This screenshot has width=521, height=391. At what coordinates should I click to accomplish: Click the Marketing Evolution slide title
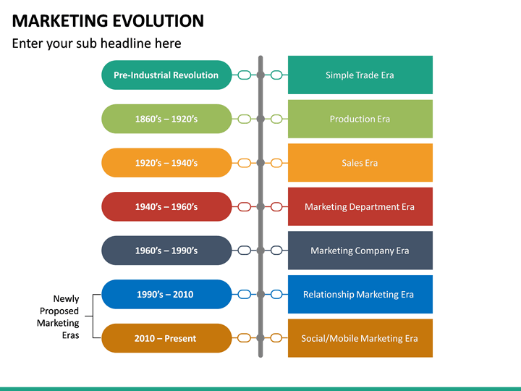108,20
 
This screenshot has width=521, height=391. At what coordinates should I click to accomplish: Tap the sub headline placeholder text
96,43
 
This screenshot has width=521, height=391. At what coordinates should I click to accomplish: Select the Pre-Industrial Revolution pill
166,75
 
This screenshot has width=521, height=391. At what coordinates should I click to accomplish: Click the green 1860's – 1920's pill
166,119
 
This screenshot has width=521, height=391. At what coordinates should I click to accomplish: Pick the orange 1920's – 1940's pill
166,163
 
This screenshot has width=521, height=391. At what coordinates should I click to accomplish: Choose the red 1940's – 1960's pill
166,206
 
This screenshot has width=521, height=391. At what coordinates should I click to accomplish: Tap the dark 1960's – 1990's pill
166,251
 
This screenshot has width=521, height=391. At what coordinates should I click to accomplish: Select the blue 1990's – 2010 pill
166,294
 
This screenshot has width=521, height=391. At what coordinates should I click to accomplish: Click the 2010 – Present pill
166,338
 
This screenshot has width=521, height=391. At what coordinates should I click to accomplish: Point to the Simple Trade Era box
360,75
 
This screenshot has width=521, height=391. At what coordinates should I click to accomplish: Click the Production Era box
360,119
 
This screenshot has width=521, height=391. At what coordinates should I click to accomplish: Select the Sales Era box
360,163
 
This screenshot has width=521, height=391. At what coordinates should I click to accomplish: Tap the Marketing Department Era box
360,206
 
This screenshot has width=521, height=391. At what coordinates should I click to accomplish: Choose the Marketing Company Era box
360,251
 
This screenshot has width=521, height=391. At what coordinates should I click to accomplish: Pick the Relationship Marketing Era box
360,294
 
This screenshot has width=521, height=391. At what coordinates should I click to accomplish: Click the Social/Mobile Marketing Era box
360,338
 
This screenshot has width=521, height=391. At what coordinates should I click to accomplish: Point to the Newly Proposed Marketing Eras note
59,316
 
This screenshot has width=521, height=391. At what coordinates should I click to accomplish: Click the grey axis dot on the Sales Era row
260,163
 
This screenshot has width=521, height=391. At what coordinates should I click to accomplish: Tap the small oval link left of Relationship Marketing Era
276,294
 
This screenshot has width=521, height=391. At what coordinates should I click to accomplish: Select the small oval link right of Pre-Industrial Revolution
245,75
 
